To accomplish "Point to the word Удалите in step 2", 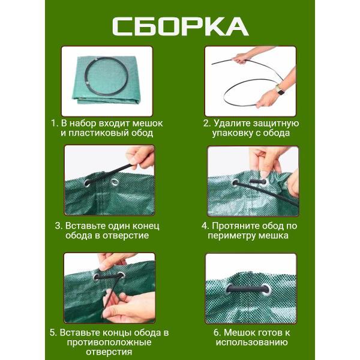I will pyautogui.click(x=232, y=123).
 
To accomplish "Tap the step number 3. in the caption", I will pyautogui.click(x=58, y=226).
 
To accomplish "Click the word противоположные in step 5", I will pyautogui.click(x=110, y=342).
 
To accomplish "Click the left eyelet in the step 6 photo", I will pyautogui.click(x=231, y=289).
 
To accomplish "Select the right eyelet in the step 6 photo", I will pyautogui.click(x=265, y=289).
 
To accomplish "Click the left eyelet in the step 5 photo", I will pyautogui.click(x=96, y=277).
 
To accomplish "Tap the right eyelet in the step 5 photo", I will pyautogui.click(x=122, y=276).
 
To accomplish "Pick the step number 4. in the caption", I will pyautogui.click(x=205, y=226).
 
